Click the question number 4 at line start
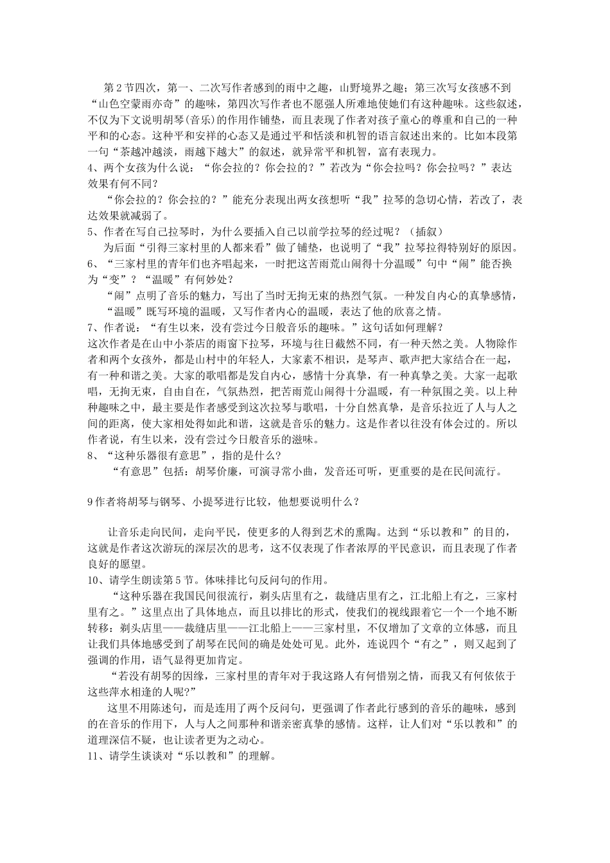(x=91, y=168)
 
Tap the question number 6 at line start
(x=91, y=264)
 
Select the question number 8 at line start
(x=91, y=456)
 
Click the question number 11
(x=94, y=756)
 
